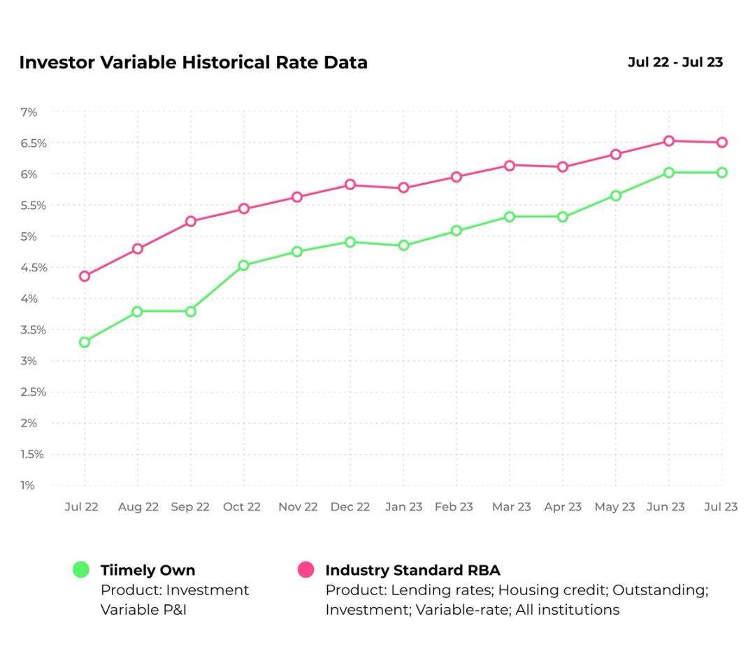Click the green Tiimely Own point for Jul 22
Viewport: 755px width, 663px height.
[85, 342]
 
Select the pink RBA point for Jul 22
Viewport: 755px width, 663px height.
[85, 276]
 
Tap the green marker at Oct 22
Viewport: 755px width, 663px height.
[243, 265]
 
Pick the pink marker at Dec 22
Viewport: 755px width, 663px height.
[350, 185]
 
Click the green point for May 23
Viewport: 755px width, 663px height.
[616, 196]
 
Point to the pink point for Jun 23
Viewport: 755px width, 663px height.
[669, 141]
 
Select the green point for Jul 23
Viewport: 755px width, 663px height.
[721, 172]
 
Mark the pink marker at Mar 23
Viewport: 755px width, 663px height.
[510, 166]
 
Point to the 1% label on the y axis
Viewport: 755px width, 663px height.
[27, 485]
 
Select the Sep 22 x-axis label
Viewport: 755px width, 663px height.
[190, 507]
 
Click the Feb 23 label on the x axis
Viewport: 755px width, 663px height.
[454, 507]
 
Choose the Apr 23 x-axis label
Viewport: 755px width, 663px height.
[563, 507]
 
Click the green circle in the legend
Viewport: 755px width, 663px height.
[82, 570]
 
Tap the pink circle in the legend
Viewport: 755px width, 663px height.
[305, 570]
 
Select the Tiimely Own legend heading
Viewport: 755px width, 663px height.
[148, 570]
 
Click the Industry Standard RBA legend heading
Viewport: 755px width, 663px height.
[412, 570]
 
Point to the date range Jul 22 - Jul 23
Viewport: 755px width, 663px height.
[675, 62]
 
